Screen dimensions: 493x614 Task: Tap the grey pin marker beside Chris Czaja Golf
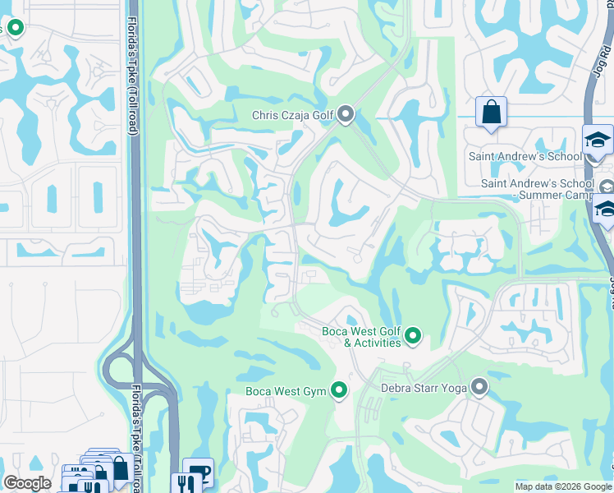[346, 114]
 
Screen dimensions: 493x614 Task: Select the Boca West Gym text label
[286, 391]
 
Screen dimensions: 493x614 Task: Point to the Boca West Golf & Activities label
[360, 337]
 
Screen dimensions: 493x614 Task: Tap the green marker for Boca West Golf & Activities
[413, 335]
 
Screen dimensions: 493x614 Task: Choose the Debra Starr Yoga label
[424, 387]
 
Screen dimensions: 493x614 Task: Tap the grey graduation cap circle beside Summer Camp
[606, 186]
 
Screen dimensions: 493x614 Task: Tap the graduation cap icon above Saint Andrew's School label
[598, 141]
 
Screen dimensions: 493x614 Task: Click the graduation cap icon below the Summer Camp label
[606, 213]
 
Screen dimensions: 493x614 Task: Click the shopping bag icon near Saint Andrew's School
[491, 113]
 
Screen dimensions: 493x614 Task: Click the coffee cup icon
[198, 472]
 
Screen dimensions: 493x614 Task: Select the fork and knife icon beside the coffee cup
[181, 483]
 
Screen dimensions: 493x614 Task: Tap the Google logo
[27, 484]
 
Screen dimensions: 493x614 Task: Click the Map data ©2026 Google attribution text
[563, 486]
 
